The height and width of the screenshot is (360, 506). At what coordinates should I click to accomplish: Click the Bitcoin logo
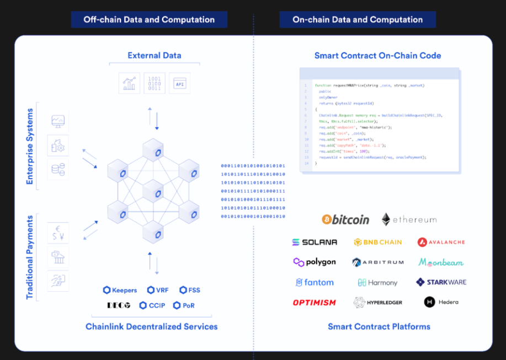(x=345, y=219)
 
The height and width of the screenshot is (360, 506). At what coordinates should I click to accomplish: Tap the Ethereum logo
(x=409, y=219)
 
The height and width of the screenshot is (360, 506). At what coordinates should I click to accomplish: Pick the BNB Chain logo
(x=378, y=242)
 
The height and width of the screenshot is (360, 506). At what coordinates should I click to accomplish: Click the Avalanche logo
(x=441, y=242)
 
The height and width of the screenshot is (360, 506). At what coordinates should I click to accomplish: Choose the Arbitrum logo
(x=378, y=262)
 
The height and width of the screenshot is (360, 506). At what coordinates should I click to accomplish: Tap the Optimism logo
(x=315, y=302)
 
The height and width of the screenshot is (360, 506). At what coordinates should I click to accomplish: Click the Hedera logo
(x=441, y=302)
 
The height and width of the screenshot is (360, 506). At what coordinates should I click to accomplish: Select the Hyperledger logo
(x=378, y=302)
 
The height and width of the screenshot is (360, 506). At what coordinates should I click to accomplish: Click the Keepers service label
(x=120, y=290)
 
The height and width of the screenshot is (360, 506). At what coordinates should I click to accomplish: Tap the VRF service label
(x=158, y=290)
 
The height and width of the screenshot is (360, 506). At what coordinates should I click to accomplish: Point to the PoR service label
(x=184, y=305)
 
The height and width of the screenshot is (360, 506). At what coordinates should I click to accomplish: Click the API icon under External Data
(x=179, y=83)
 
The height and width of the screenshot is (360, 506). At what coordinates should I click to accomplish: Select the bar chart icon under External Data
(x=130, y=83)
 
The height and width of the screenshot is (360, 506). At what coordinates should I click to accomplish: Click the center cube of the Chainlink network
(x=153, y=190)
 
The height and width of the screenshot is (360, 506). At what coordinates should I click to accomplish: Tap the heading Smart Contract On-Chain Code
(x=378, y=56)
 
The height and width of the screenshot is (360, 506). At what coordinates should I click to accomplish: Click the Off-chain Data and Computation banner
(x=149, y=20)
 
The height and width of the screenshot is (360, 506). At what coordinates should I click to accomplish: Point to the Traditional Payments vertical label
(x=30, y=257)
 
